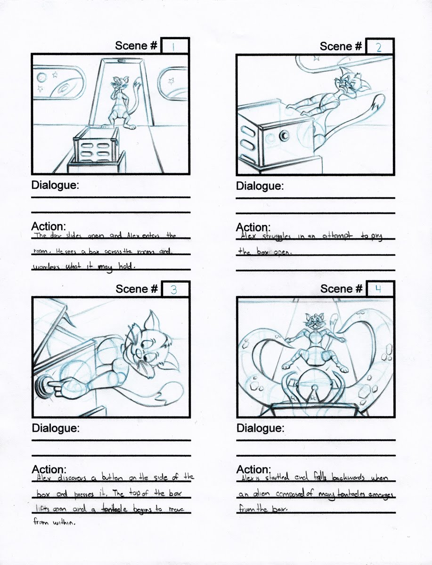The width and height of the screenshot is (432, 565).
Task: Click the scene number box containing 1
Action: click(175, 46)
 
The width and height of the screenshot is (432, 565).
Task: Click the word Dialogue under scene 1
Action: click(55, 185)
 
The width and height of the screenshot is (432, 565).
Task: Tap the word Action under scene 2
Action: click(253, 227)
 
